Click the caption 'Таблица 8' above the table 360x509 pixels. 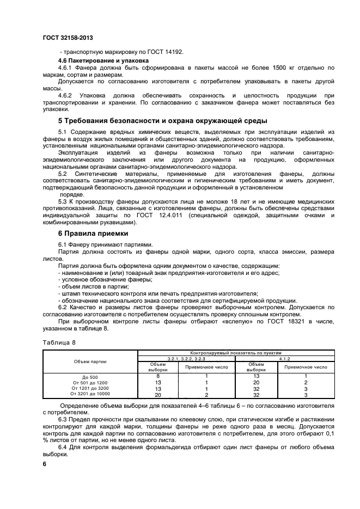pyautogui.click(x=58, y=342)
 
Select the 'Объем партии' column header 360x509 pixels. pyautogui.click(x=91, y=361)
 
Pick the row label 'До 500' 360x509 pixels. pyautogui.click(x=91, y=376)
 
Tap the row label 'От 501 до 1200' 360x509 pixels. pyautogui.click(x=91, y=382)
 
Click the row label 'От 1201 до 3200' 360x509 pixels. pyautogui.click(x=91, y=389)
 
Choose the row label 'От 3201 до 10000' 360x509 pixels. pyautogui.click(x=91, y=395)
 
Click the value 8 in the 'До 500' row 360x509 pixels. pyautogui.click(x=158, y=376)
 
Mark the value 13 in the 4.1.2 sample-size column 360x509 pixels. pyautogui.click(x=257, y=376)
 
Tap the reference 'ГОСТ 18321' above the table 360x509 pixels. pyautogui.click(x=276, y=321)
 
